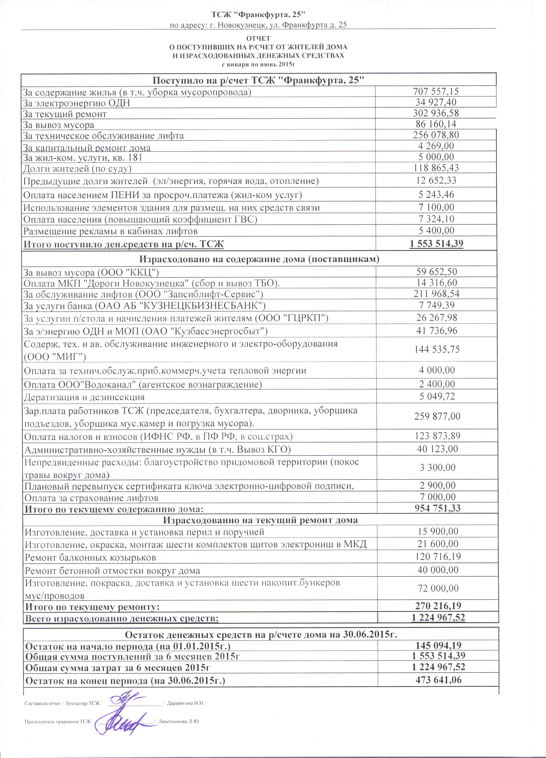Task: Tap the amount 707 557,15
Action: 436,91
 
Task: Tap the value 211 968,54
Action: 436,294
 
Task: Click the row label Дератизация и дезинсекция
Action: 84,397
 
